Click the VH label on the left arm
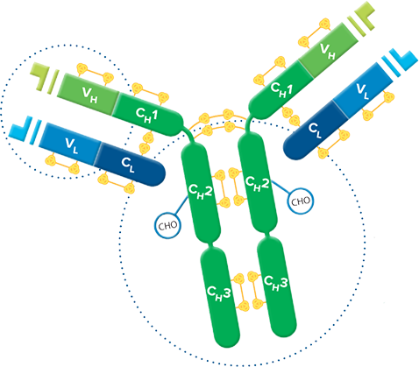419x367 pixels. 89,95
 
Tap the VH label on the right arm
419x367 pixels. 328,51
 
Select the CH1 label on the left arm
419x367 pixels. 146,116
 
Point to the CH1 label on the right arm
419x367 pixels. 281,89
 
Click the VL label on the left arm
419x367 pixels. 72,145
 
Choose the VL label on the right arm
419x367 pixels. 363,91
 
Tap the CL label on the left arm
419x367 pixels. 128,165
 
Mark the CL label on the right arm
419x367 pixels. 316,131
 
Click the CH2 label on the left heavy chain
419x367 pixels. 201,191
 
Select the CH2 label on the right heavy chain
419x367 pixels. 257,184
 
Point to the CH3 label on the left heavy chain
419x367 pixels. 219,293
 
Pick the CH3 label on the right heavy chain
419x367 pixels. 276,283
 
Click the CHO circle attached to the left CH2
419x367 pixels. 167,225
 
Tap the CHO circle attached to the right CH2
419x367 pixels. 301,201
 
